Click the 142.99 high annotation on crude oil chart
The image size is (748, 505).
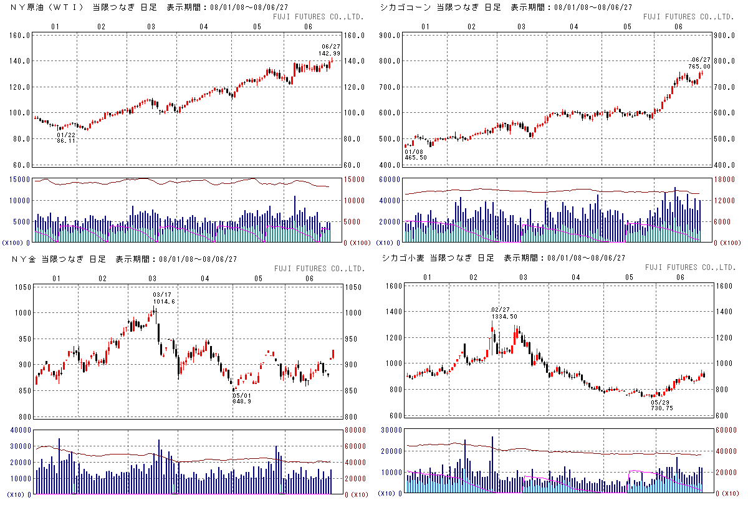click(x=330, y=54)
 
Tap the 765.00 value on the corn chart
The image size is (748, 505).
click(x=700, y=66)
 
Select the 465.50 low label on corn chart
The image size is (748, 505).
click(x=415, y=158)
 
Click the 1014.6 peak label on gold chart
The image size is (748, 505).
click(x=165, y=301)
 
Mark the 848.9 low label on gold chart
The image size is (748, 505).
click(x=241, y=402)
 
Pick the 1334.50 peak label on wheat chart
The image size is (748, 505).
click(x=505, y=317)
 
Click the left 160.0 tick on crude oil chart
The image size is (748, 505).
click(x=20, y=36)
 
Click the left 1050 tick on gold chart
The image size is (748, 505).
click(x=20, y=287)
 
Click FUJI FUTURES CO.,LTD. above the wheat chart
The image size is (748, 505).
click(x=691, y=267)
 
